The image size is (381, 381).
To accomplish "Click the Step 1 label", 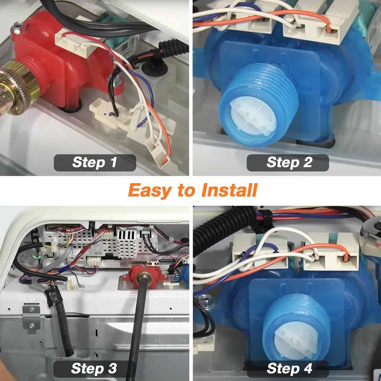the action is coord(95,163).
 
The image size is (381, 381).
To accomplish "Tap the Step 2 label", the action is coord(288,163).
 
